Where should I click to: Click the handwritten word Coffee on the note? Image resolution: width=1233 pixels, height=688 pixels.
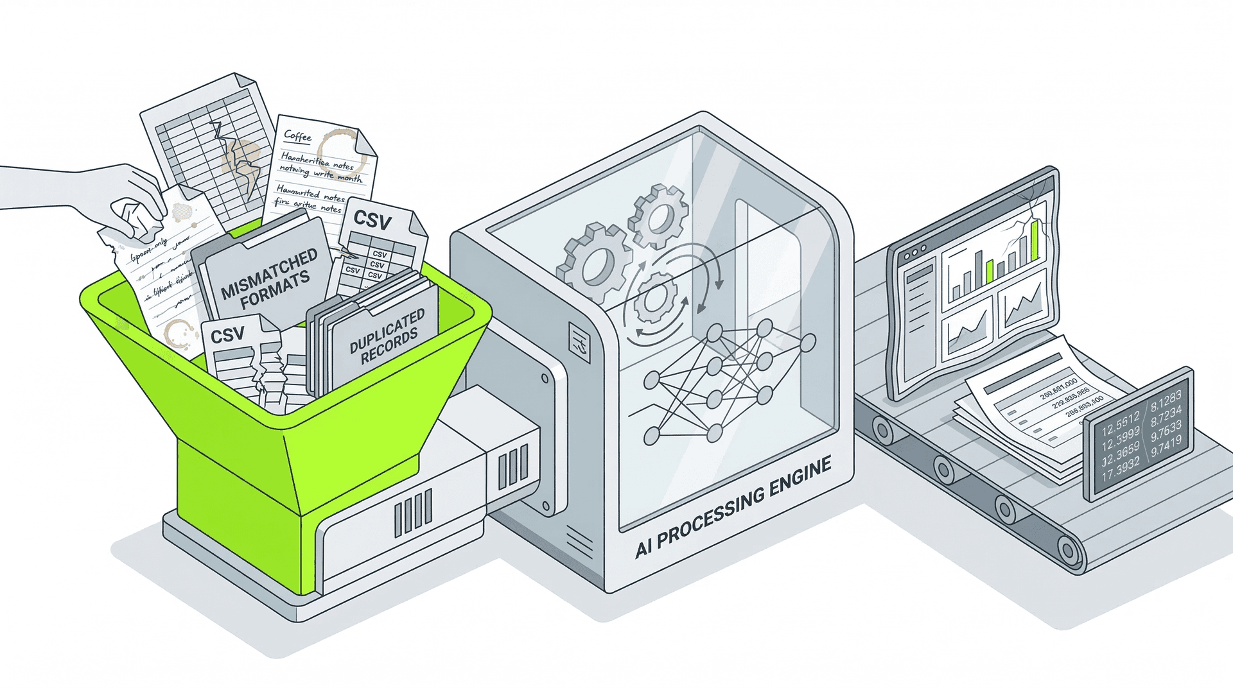tap(297, 135)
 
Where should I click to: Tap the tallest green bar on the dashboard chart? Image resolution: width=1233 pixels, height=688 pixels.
tap(1034, 240)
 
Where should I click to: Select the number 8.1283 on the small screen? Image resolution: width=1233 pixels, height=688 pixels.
tap(1165, 397)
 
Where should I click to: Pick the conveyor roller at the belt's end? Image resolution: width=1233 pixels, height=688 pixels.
tap(1067, 549)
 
